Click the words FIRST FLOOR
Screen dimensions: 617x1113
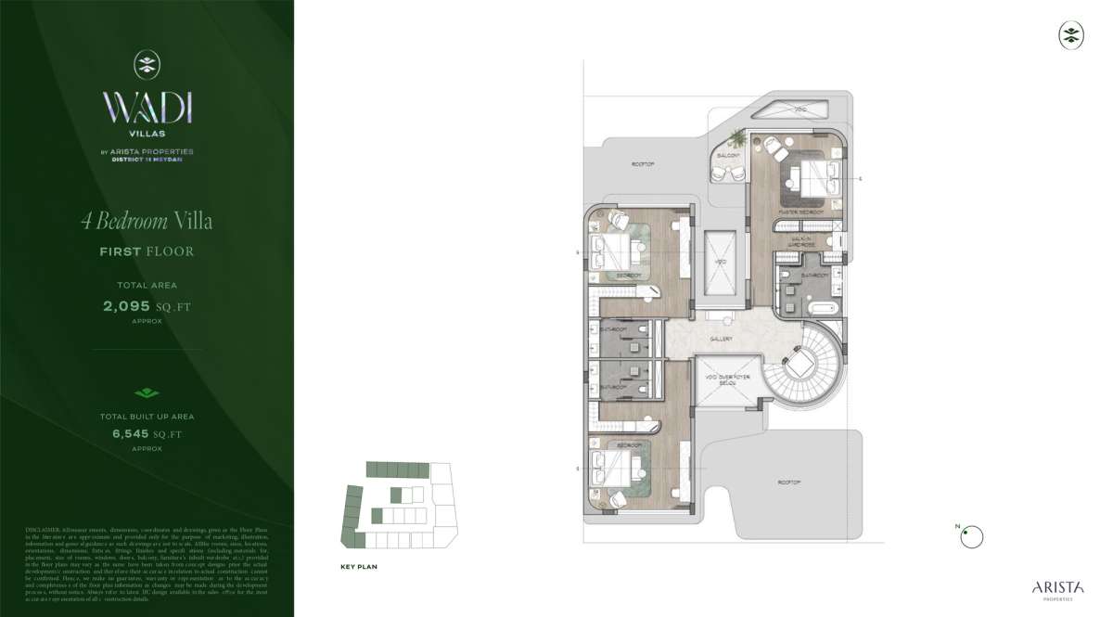(147, 251)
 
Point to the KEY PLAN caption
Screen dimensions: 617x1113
(359, 565)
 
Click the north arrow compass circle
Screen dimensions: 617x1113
(970, 535)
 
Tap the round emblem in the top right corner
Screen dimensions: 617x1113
(1071, 35)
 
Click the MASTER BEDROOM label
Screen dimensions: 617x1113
(800, 212)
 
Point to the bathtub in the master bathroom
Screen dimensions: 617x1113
(823, 306)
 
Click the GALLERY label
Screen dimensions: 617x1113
(722, 339)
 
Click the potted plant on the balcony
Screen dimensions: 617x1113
(738, 139)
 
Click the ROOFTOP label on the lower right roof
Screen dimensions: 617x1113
(789, 482)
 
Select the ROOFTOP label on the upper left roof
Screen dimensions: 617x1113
(644, 164)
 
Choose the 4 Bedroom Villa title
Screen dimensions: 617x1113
(147, 221)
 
